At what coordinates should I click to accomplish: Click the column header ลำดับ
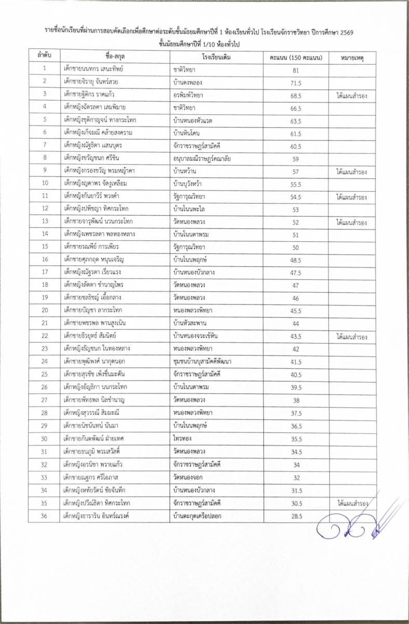pyautogui.click(x=44, y=56)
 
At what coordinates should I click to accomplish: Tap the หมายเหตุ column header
pyautogui.click(x=352, y=56)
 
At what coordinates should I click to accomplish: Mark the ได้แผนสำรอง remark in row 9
pyautogui.click(x=352, y=171)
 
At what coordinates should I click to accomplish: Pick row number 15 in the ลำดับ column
pyautogui.click(x=45, y=247)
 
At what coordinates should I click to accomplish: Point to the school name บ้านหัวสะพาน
pyautogui.click(x=191, y=323)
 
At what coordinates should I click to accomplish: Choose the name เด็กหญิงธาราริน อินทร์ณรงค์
pyautogui.click(x=103, y=515)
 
